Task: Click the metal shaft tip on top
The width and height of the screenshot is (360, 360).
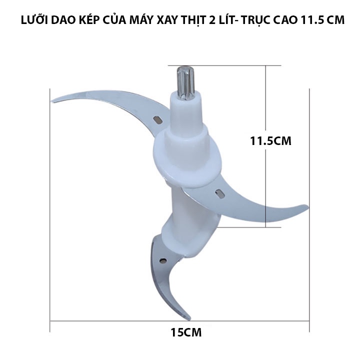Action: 183,80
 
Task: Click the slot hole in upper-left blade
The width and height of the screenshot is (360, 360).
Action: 157,120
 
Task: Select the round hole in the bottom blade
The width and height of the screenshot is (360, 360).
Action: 163,260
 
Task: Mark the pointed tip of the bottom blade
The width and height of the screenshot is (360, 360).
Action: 188,318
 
